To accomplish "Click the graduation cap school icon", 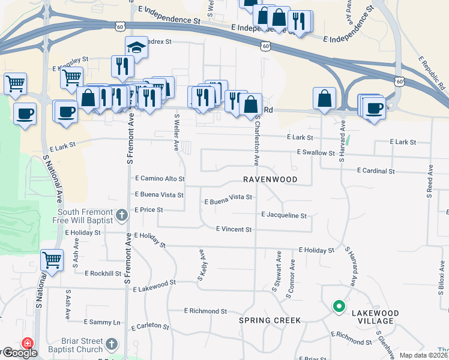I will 137,47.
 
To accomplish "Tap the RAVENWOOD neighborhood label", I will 270,179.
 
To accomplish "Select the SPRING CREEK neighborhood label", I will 270,320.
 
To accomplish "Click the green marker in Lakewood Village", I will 339,307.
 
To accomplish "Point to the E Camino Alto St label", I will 160,179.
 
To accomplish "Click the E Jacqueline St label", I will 284,215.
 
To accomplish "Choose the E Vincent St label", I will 234,229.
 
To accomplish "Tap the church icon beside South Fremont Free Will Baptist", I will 121,215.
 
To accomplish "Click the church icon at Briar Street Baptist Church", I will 111,344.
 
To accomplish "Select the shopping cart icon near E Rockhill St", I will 52,260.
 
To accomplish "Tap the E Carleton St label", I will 150,326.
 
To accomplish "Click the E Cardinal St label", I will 376,171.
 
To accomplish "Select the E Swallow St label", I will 316,153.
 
